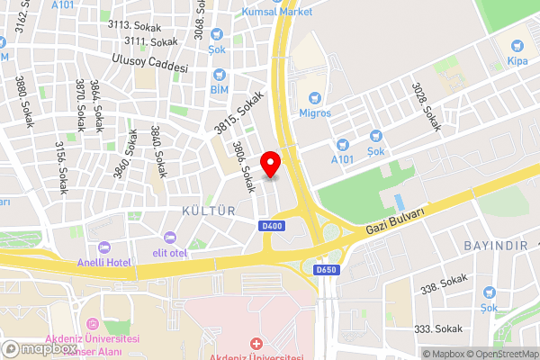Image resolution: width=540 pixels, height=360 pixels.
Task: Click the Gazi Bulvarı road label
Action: coord(394,220)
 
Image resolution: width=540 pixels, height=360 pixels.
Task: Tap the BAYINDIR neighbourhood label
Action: coord(491,245)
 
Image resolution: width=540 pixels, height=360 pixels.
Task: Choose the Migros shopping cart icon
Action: coord(315,97)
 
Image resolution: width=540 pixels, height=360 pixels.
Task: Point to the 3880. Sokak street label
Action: coord(24,100)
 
